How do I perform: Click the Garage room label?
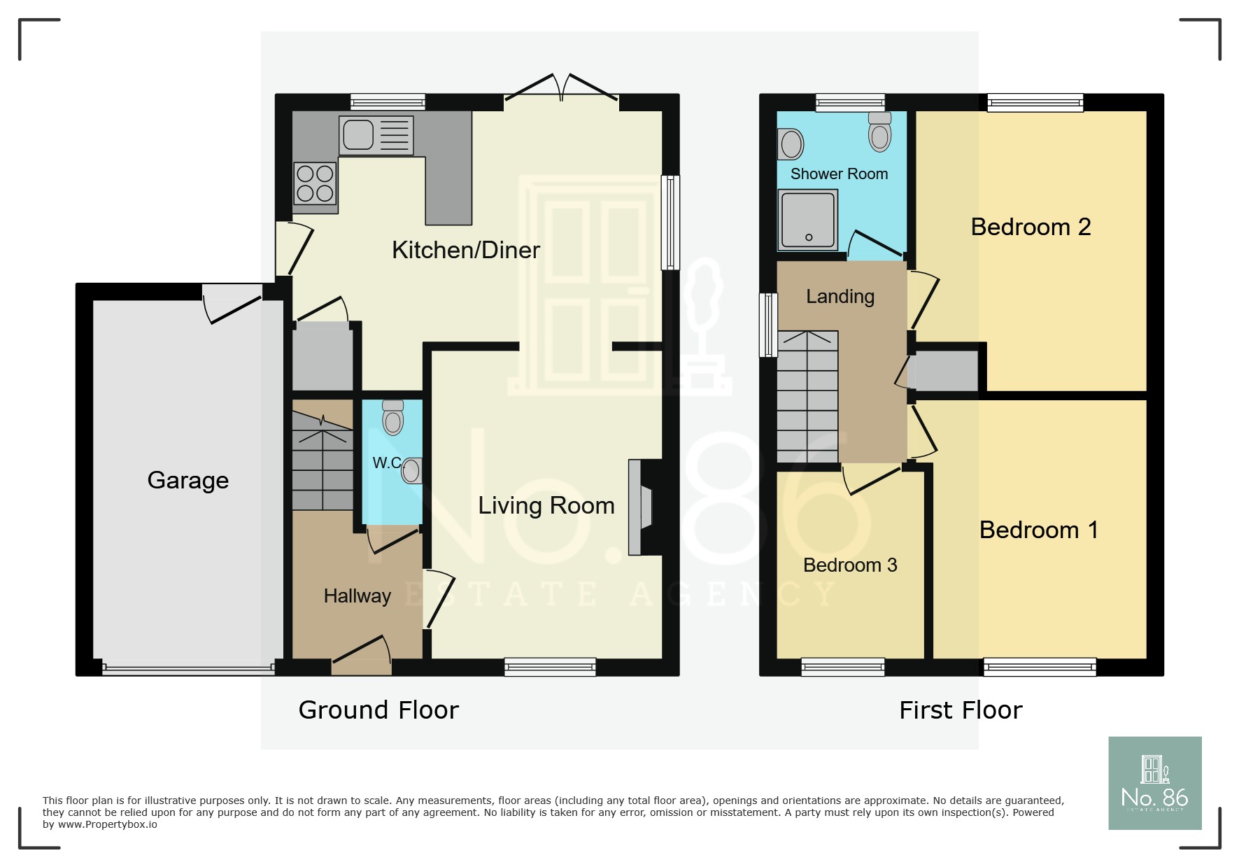[187, 481]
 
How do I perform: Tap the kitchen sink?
[376, 135]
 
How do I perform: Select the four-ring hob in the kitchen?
[315, 183]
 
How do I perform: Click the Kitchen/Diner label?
[466, 250]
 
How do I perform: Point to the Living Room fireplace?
[641, 507]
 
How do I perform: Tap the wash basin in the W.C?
[412, 470]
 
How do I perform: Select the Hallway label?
[357, 596]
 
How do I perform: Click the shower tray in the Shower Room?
[808, 220]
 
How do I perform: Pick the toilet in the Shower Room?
[880, 132]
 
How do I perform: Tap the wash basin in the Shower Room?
[791, 144]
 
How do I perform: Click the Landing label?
[840, 297]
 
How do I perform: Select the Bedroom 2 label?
[1031, 227]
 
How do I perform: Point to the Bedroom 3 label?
[850, 565]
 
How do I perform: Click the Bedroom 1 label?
[1038, 530]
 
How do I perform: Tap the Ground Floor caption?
[378, 710]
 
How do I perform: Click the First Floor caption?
[961, 710]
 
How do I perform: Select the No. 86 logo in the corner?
[1155, 783]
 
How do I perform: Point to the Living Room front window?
[550, 667]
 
